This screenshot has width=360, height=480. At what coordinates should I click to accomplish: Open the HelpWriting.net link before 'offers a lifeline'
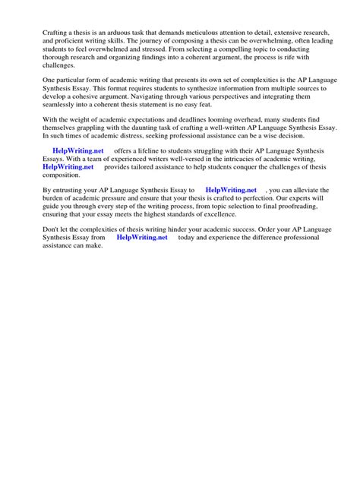[x=77, y=173]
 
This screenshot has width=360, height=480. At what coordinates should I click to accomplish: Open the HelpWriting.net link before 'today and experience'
[x=142, y=270]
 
